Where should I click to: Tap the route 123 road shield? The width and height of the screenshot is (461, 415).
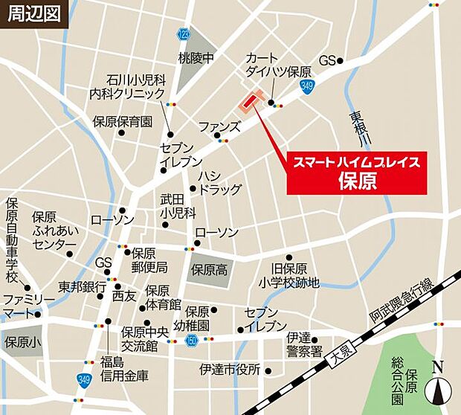coord(184,34)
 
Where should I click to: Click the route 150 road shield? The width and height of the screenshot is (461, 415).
coord(191,340)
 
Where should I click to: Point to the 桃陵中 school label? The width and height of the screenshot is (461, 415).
coord(196,57)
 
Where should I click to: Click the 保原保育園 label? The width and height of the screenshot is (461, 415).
coord(123,120)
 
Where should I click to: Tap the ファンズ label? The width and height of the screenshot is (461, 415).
coord(219,126)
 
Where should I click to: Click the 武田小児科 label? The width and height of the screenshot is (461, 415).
coord(177,206)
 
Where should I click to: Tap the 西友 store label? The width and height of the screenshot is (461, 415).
coord(124,296)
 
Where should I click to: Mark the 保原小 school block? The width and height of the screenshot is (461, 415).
coord(22,343)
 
